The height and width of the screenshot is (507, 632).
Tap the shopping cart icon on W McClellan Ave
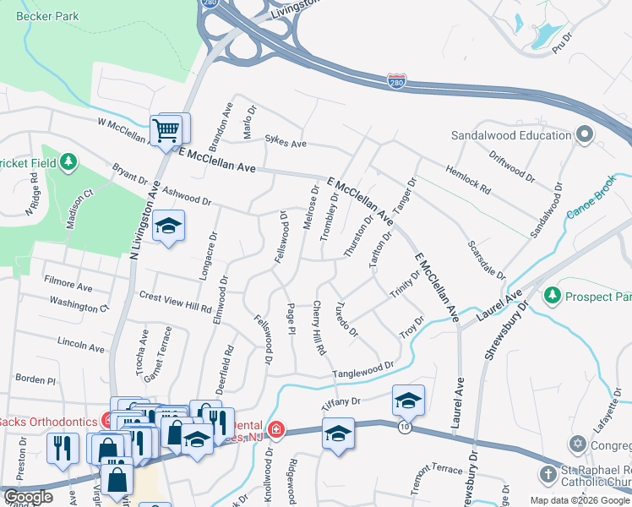(166, 130)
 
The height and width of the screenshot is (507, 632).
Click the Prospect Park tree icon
(553, 296)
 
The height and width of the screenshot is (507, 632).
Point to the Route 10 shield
(406, 428)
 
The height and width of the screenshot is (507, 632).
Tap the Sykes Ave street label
(286, 144)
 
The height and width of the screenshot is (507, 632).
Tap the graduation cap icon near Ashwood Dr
(169, 226)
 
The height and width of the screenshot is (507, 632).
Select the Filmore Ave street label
(68, 287)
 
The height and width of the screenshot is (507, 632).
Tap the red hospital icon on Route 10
(276, 430)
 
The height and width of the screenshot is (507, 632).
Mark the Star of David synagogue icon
(578, 444)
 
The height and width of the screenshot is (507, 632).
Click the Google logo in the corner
(28, 497)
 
